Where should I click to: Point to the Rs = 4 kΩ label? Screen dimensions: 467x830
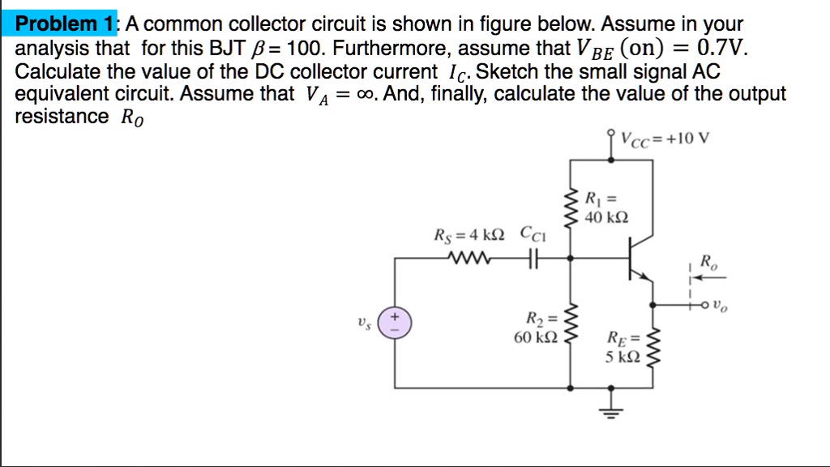point(470,238)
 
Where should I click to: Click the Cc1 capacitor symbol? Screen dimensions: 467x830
point(533,259)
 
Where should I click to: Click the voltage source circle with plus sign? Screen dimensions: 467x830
point(396,322)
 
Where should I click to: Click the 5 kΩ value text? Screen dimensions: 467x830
point(623,356)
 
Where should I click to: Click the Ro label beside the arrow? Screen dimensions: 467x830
point(708,262)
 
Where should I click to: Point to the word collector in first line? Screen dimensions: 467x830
point(269,24)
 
